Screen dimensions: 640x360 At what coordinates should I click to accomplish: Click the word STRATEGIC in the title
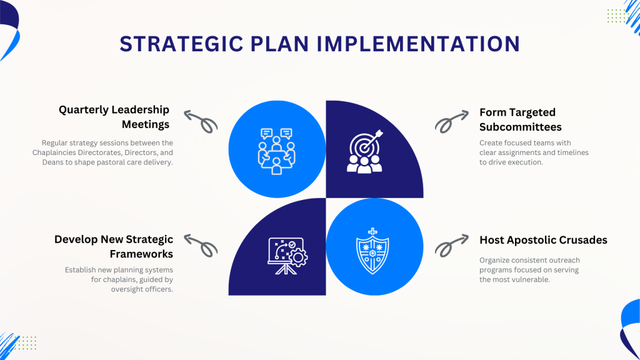pyautogui.click(x=182, y=44)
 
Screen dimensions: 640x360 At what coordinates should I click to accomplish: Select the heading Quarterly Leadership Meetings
pyautogui.click(x=114, y=117)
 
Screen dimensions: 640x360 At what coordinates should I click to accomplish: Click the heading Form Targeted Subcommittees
pyautogui.click(x=521, y=119)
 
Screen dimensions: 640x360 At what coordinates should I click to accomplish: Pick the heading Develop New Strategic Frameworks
pyautogui.click(x=114, y=246)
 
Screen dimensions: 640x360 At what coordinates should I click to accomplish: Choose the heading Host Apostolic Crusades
pyautogui.click(x=543, y=240)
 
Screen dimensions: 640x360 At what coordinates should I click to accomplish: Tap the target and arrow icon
pyautogui.click(x=365, y=151)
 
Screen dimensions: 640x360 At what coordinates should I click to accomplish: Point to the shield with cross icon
pyautogui.click(x=372, y=251)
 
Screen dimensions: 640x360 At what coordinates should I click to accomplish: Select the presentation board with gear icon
pyautogui.click(x=287, y=256)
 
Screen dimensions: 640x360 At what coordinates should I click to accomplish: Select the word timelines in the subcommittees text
pyautogui.click(x=572, y=152)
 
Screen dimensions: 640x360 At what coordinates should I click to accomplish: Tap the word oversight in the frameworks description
pyautogui.click(x=124, y=289)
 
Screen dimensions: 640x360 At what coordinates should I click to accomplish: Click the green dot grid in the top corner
pyautogui.click(x=617, y=16)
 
